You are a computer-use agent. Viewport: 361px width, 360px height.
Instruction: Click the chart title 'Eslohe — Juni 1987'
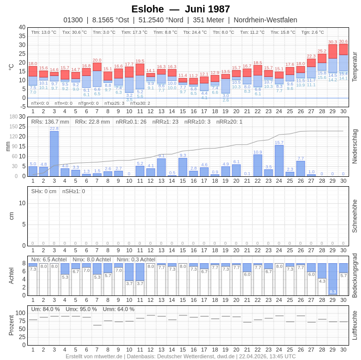180,9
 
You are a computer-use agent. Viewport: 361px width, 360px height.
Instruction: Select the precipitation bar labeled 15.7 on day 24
279,161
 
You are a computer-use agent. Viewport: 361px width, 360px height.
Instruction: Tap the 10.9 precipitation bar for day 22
258,165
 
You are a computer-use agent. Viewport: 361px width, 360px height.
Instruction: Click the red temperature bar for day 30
343,50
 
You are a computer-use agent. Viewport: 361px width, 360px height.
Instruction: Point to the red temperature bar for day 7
97,67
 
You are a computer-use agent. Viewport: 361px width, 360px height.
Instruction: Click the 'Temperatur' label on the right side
355,67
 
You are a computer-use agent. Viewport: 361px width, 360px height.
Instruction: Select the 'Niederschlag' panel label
355,146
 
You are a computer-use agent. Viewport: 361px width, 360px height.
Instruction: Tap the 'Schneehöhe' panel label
355,216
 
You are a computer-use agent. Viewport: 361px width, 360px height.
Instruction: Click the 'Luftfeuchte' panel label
355,325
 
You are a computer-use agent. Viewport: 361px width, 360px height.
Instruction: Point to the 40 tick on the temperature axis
22,27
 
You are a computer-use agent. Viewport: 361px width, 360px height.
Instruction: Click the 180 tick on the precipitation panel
14,117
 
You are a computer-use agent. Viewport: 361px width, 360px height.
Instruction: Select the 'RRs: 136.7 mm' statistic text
50,122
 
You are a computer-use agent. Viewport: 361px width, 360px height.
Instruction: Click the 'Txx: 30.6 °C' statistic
74,32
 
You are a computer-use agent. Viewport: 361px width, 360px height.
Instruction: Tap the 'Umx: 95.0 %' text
81,309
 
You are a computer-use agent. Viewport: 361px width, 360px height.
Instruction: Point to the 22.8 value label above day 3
54,129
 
